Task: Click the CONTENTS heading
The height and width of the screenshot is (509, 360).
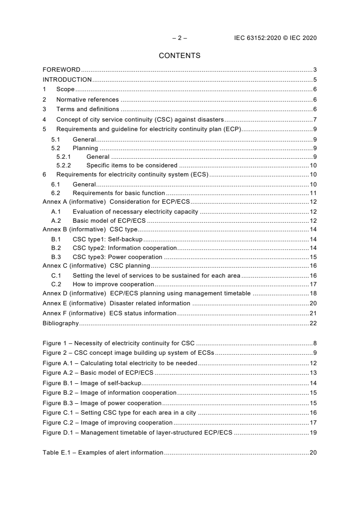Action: click(179, 56)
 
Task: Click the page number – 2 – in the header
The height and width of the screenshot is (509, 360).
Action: click(179, 38)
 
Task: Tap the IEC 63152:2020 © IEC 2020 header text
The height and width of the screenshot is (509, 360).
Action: click(272, 38)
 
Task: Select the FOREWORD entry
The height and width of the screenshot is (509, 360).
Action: click(61, 70)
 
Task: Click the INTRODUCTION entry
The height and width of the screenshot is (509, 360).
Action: click(67, 80)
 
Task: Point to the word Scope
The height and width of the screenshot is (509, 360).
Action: click(65, 90)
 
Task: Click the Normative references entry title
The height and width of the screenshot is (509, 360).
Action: click(87, 99)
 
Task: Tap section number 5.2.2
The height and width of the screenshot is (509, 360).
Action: click(64, 166)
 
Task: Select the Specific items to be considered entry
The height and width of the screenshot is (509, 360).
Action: click(132, 166)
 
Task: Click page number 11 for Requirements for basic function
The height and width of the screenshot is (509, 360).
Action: click(313, 193)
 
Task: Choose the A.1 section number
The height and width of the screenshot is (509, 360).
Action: click(56, 211)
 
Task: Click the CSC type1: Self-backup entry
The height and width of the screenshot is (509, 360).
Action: click(107, 240)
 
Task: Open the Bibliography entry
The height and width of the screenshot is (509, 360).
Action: click(60, 323)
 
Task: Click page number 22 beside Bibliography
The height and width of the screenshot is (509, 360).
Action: click(313, 323)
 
